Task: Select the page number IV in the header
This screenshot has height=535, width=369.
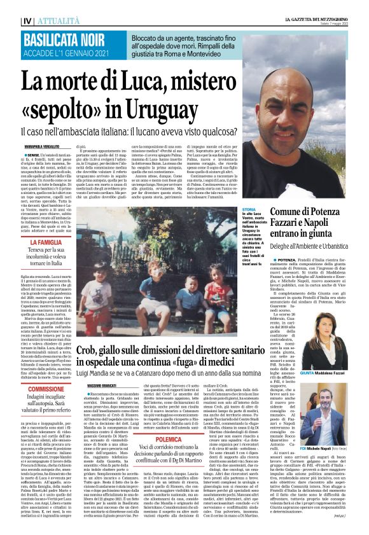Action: [x=10, y=6]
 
